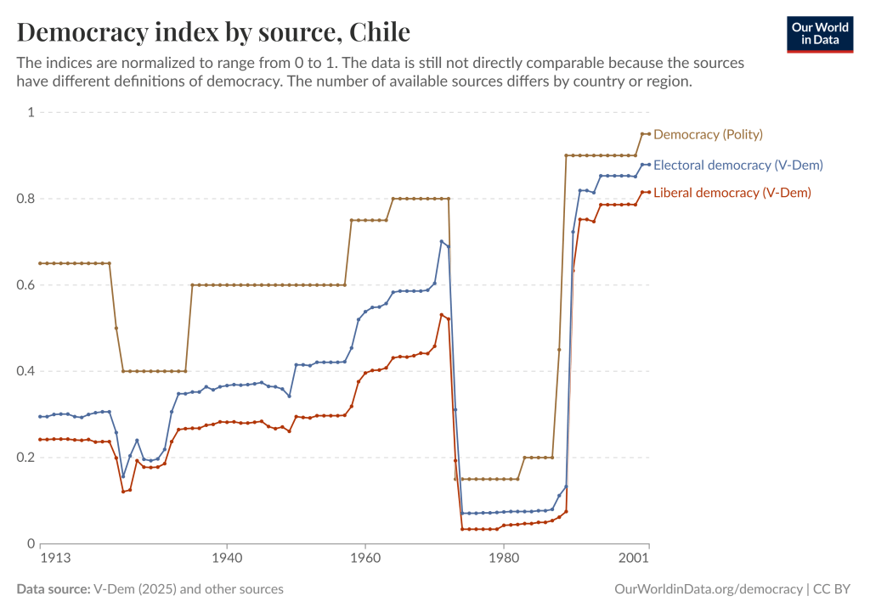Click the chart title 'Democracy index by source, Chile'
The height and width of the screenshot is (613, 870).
click(213, 32)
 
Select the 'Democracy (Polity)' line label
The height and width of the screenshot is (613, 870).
click(708, 134)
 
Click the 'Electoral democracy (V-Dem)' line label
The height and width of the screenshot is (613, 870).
click(737, 165)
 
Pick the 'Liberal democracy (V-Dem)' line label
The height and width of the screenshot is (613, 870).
click(732, 194)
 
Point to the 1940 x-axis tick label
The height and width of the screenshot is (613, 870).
click(226, 558)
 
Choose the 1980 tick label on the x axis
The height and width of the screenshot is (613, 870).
click(504, 558)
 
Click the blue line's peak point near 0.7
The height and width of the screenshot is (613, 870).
click(442, 241)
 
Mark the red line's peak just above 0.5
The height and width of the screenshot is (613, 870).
click(442, 315)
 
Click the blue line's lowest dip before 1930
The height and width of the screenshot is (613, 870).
click(122, 476)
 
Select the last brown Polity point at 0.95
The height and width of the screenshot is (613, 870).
click(648, 133)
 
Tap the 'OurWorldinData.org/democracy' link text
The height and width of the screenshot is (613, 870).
click(708, 589)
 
